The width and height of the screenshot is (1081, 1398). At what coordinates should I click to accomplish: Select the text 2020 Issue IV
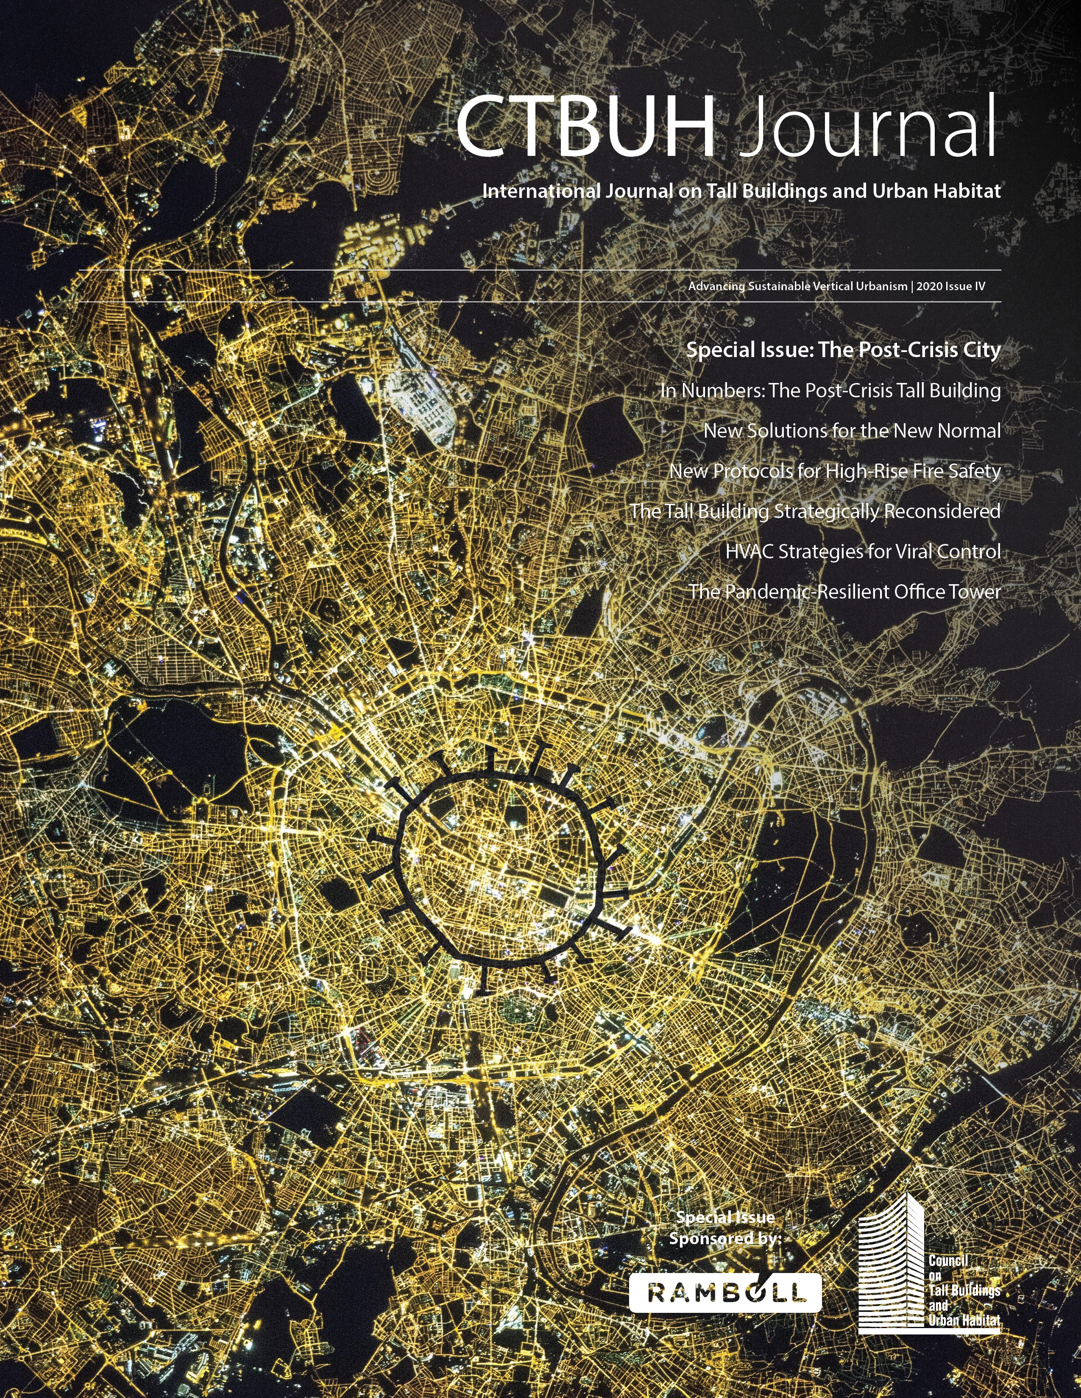click(x=951, y=287)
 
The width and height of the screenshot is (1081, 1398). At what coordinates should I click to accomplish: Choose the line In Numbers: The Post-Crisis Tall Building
click(x=830, y=391)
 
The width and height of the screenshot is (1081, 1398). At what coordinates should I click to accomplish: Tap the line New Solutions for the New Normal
click(x=852, y=431)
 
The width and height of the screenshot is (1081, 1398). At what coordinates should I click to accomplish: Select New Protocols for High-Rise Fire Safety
click(x=834, y=471)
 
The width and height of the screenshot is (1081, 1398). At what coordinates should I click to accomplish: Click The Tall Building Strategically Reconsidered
click(x=815, y=511)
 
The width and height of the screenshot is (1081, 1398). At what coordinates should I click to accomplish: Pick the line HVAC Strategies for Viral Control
click(x=863, y=552)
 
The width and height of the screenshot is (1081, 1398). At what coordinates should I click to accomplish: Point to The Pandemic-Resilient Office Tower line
click(x=844, y=592)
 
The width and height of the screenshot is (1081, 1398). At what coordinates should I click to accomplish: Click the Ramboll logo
click(x=725, y=1293)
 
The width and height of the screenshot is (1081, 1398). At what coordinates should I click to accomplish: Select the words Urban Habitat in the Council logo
click(x=964, y=1320)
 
